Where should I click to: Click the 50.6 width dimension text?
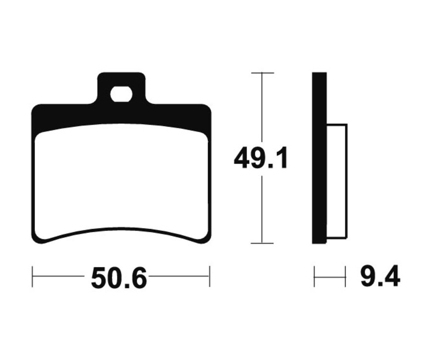[119, 278]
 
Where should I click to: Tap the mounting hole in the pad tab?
[121, 94]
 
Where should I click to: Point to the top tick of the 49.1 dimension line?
[262, 73]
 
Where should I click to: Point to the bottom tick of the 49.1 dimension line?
[262, 243]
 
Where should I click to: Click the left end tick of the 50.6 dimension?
[33, 276]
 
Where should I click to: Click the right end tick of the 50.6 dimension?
[210, 276]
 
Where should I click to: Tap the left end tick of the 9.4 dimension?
[314, 276]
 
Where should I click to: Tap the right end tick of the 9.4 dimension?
[345, 276]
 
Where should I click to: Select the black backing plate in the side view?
[319, 158]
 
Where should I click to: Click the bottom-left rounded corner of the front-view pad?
[36, 238]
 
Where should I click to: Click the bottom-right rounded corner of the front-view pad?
[206, 238]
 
